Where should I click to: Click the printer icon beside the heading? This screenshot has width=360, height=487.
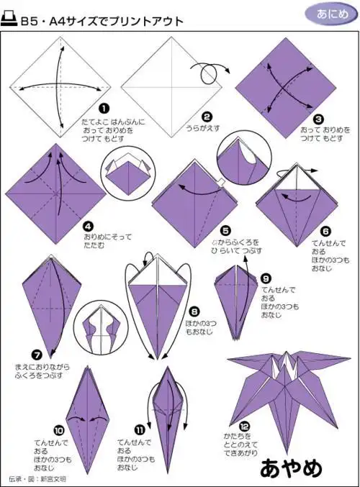click(12, 22)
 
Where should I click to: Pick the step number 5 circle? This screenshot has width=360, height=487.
click(225, 230)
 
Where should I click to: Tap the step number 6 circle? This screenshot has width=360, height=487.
click(325, 230)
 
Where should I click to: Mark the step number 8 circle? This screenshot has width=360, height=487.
click(194, 311)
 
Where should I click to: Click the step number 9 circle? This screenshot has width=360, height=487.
click(266, 277)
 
